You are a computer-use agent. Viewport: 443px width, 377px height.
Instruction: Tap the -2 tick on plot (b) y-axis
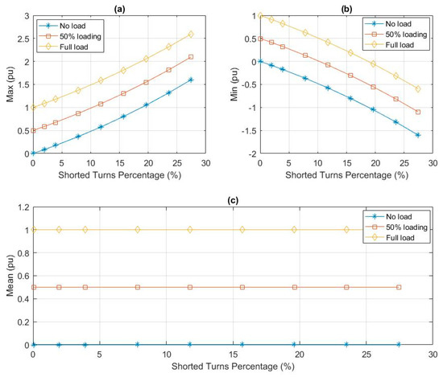250,154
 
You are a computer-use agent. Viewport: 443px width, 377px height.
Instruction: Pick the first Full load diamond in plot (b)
260,15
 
